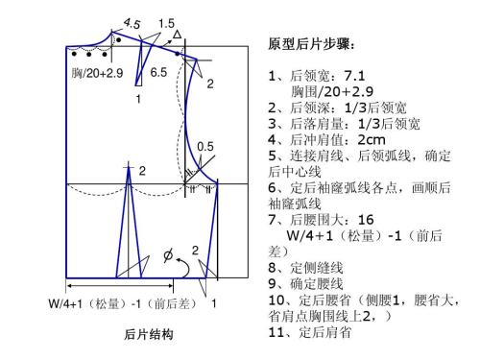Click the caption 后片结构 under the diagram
click(149, 335)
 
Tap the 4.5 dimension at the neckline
click(132, 22)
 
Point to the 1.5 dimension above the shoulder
click(166, 22)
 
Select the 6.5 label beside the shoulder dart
click(158, 72)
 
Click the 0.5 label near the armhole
click(204, 146)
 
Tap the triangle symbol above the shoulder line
click(176, 36)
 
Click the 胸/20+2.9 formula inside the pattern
click(97, 72)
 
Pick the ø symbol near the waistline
click(170, 256)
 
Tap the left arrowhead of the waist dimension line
click(70, 287)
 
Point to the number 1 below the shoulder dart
click(138, 99)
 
